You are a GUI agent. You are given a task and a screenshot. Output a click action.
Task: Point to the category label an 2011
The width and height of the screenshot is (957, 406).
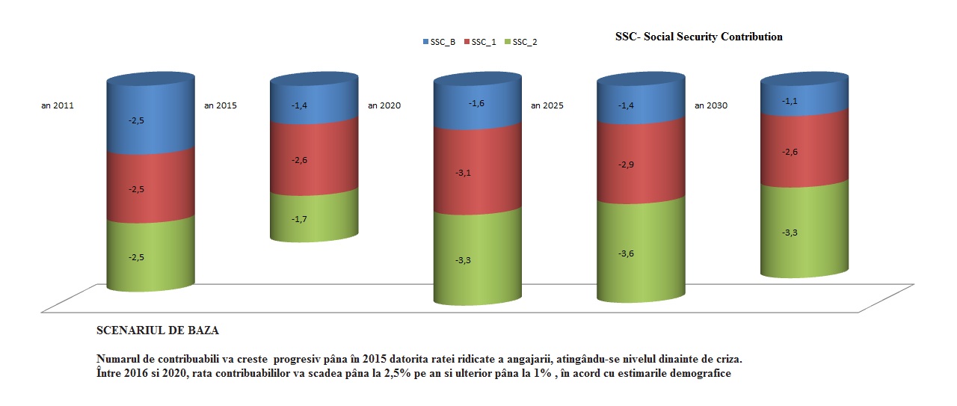pos(58,105)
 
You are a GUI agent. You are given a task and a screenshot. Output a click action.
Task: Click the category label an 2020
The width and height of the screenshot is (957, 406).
pos(384,105)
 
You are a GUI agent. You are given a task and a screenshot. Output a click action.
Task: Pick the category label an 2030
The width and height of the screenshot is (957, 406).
pos(711,105)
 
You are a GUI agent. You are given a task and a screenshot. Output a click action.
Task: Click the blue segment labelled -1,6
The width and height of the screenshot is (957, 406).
pos(477,104)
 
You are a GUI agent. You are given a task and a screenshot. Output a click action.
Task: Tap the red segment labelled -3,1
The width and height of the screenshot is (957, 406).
pos(477,173)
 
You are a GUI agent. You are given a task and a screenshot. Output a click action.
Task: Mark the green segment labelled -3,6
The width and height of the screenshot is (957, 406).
pos(640,253)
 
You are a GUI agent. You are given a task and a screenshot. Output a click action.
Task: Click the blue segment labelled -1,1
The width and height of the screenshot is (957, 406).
pos(804,99)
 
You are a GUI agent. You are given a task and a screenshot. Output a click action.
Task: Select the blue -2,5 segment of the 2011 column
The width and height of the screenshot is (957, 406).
pos(150,120)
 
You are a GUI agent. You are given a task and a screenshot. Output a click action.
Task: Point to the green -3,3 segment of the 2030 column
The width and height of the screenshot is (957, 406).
pos(804,233)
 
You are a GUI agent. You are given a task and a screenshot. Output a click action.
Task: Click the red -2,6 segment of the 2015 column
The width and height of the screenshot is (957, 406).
pos(313,160)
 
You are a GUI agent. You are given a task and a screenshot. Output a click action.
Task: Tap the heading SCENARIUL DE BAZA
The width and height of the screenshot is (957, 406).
pos(157,329)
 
